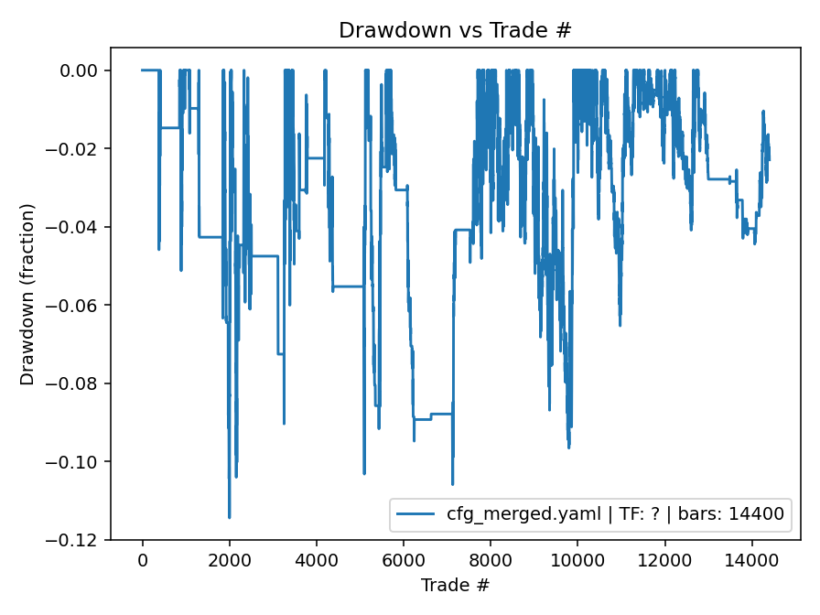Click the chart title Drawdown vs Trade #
455,30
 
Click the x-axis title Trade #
455,585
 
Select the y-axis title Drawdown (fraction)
27,294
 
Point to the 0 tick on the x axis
142,560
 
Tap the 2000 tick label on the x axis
230,560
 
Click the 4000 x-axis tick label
317,560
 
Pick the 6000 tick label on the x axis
404,560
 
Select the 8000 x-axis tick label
491,560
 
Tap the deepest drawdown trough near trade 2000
229,517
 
